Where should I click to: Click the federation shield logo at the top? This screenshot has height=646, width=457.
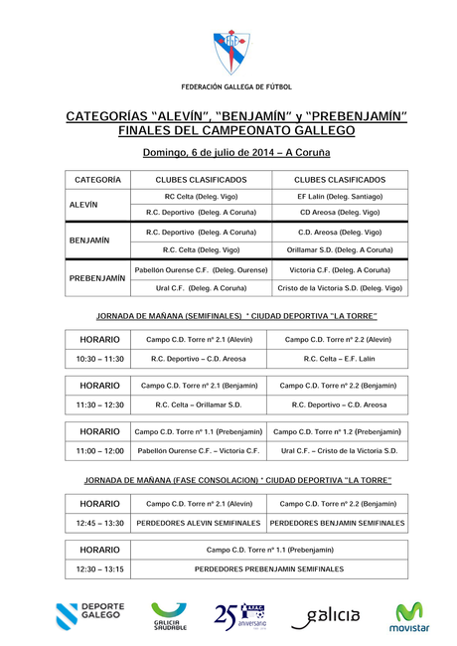(x=228, y=52)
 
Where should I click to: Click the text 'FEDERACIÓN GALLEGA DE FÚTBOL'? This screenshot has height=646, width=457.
(x=228, y=87)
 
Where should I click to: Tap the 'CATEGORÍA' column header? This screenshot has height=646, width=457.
(x=97, y=180)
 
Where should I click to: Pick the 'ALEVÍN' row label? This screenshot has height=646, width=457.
(x=83, y=204)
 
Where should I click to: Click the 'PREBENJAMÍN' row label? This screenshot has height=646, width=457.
(x=97, y=278)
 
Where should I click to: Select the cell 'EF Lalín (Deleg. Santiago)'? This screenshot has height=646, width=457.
(x=340, y=197)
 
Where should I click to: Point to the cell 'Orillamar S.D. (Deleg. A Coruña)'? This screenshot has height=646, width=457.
(x=340, y=249)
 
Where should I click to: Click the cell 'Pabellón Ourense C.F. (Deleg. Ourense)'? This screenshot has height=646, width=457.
(x=202, y=269)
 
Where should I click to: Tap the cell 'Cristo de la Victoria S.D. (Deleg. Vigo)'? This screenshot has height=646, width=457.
(x=340, y=288)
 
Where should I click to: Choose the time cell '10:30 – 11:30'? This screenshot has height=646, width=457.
(x=99, y=358)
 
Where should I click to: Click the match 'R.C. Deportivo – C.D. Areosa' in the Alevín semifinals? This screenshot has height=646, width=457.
(x=200, y=358)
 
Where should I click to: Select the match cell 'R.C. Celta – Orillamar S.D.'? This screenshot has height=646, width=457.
(x=199, y=404)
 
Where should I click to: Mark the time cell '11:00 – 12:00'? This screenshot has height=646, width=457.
(x=99, y=451)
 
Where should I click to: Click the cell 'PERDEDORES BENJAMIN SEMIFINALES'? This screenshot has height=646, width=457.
(x=338, y=522)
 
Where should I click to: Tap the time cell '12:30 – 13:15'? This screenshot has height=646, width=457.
(x=99, y=568)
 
